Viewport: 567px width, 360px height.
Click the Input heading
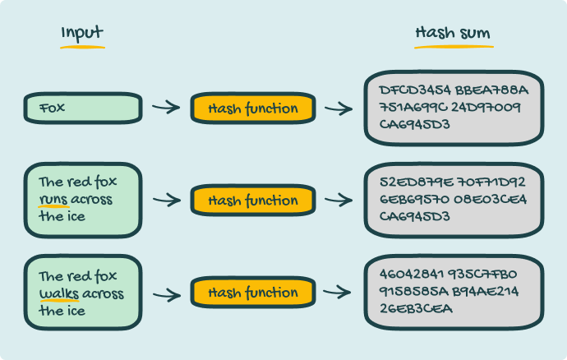(82, 33)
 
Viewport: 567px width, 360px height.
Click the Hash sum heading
(453, 34)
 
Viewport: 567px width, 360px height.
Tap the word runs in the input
(53, 200)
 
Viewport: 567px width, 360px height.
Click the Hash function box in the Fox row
(253, 108)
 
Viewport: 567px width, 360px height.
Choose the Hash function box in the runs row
(253, 200)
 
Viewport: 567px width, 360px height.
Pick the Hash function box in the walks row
(253, 293)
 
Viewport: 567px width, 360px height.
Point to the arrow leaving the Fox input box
(166, 107)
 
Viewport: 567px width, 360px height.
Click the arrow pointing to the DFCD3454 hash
(339, 108)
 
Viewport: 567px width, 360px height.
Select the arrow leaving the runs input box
(166, 200)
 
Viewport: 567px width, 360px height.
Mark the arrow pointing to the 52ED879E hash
(339, 200)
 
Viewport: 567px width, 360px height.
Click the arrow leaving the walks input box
(166, 293)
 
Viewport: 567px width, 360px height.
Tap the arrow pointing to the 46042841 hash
(339, 293)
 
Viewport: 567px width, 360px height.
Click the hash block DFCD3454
(409, 89)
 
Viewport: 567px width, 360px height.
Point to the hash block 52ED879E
(409, 181)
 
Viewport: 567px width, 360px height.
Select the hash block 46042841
(409, 274)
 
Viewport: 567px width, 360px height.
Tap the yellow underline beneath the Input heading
(82, 46)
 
